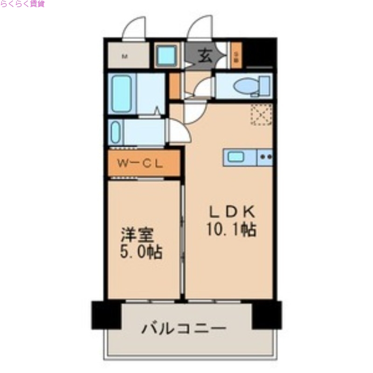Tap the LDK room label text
[232, 213]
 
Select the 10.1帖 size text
[232, 229]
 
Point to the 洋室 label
[138, 235]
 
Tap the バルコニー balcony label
[184, 329]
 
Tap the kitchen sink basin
[236, 157]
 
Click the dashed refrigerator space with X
[261, 114]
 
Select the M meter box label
[124, 57]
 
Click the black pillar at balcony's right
[267, 315]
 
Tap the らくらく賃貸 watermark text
[22, 4]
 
